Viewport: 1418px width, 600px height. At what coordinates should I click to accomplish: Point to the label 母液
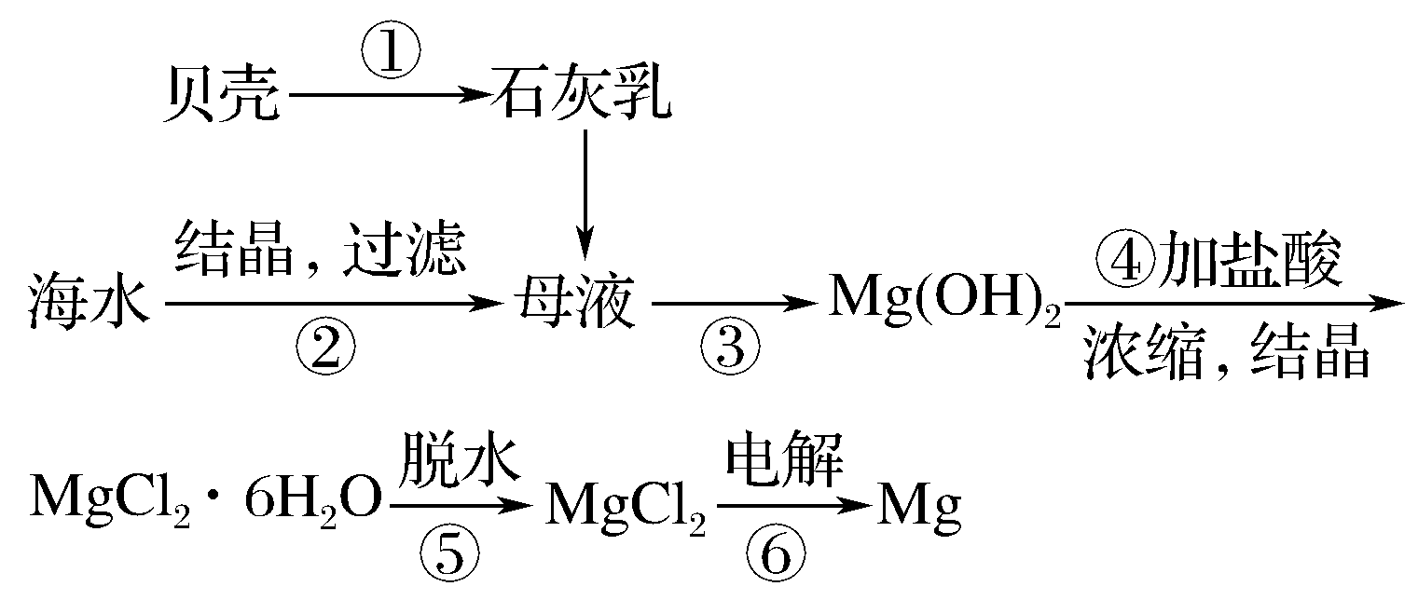click(572, 304)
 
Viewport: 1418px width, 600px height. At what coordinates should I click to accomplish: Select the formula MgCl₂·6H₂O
click(205, 504)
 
